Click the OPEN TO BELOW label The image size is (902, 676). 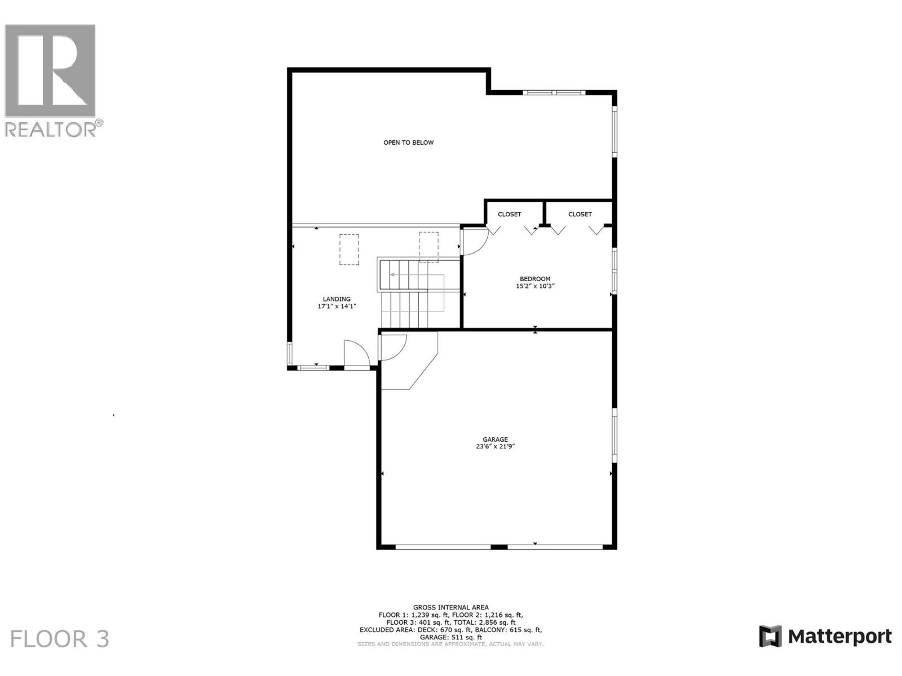pos(408,143)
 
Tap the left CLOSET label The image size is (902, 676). pos(509,214)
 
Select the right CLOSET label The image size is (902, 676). pos(580,214)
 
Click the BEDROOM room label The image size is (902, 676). pos(534,279)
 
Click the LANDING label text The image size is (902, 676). pos(337,299)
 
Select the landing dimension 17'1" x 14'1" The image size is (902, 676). pos(337,306)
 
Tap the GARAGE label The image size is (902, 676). pos(495,439)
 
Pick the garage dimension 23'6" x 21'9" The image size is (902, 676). pos(495,447)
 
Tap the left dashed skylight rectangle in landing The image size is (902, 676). pos(349,250)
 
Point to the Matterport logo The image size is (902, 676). pos(825,637)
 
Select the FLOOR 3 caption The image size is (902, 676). pos(60,639)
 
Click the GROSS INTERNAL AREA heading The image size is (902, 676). pos(450,607)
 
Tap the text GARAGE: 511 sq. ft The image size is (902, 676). pos(450,637)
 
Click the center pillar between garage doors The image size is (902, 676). pos(499,546)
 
